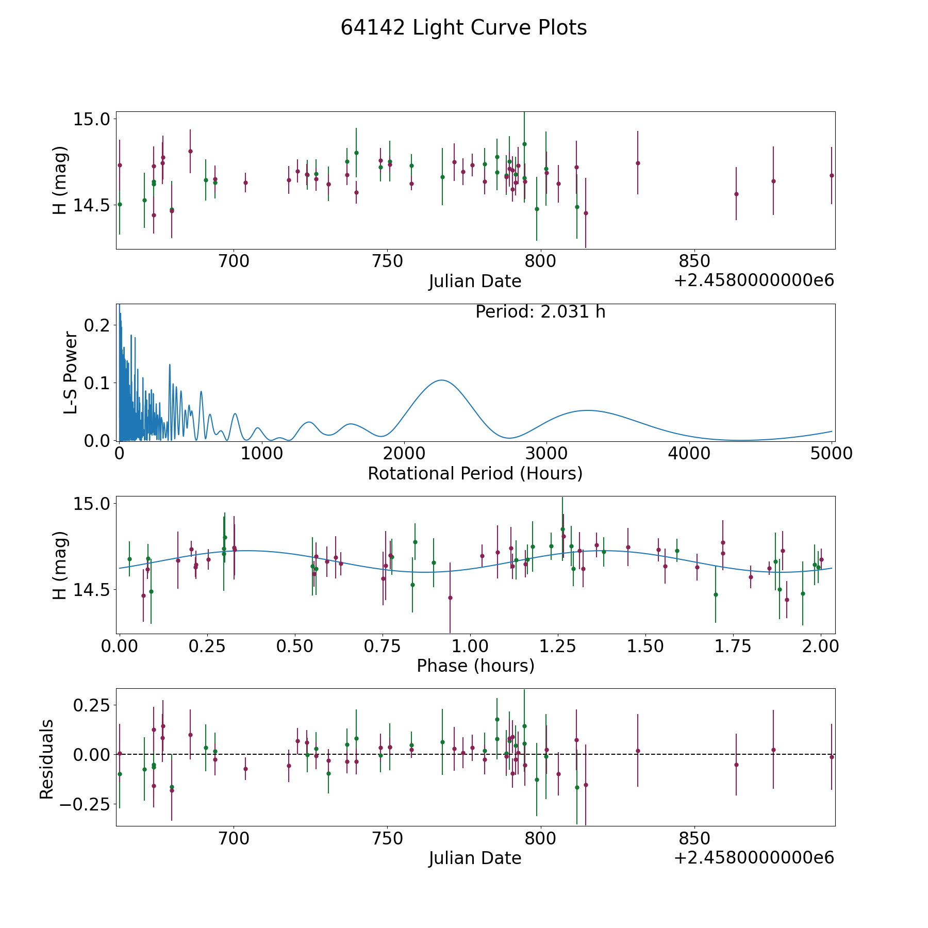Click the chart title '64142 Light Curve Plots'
tap(463, 28)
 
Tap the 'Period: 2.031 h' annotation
tap(540, 312)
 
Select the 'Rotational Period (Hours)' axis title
tap(475, 473)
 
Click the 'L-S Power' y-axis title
tap(71, 373)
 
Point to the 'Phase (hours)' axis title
tap(475, 666)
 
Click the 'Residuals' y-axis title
tap(47, 759)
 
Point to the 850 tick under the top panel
tap(694, 261)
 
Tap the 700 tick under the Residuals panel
tap(234, 838)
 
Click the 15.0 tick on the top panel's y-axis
tap(92, 119)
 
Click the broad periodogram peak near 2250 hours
tap(442, 380)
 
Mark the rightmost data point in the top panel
tap(832, 175)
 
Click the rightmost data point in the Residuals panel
tap(832, 757)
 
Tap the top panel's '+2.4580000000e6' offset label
tap(754, 281)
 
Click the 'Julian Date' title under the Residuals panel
tap(475, 858)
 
